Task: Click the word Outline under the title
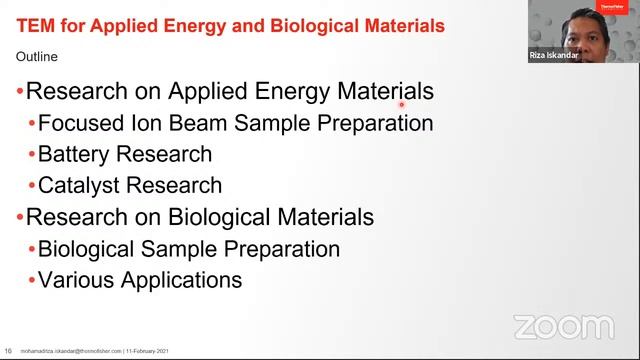[x=38, y=56]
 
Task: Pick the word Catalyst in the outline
[x=79, y=185]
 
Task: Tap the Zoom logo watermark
[x=563, y=326]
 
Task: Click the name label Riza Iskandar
[x=554, y=56]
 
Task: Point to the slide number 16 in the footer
[x=8, y=351]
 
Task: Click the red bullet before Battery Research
[x=31, y=155]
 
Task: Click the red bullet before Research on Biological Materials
[x=19, y=217]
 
